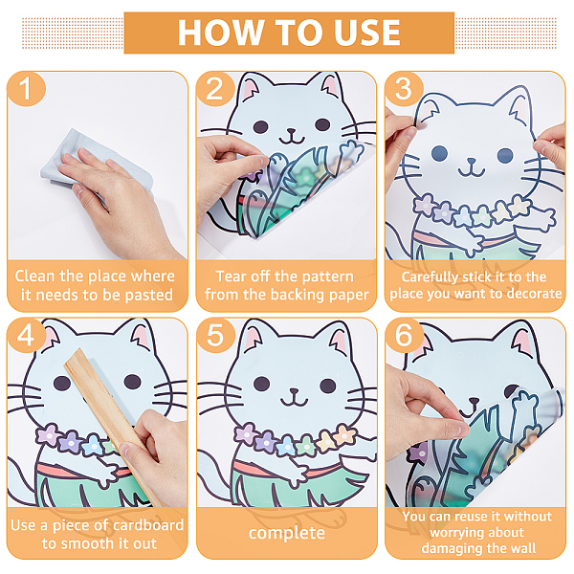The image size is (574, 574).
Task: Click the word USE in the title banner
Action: (367, 33)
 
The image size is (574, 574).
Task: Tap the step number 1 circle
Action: (26, 89)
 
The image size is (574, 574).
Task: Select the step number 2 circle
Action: (215, 89)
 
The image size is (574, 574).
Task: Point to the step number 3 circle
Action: (404, 89)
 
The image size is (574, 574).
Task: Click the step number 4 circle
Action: (26, 336)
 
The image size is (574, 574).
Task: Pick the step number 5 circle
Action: (215, 336)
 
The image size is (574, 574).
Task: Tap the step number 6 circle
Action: (404, 336)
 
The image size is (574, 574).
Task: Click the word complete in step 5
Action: (287, 533)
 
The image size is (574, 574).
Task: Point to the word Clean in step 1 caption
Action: (35, 276)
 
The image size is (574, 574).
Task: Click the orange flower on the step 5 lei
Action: (343, 434)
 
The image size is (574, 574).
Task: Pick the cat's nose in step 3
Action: (471, 161)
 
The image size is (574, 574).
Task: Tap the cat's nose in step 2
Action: (292, 131)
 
